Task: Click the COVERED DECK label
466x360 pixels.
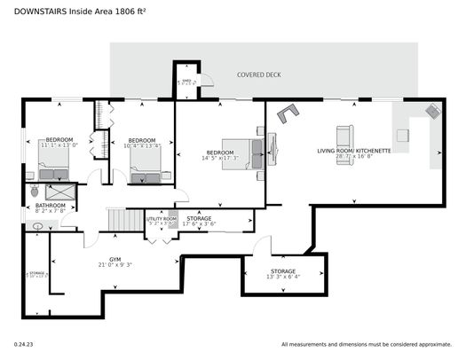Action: click(x=258, y=75)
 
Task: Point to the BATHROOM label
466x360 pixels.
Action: click(x=51, y=206)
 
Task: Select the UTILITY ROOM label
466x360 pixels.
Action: click(x=162, y=218)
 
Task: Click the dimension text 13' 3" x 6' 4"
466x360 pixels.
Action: click(x=283, y=277)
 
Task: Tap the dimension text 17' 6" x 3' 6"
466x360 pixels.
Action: click(x=199, y=224)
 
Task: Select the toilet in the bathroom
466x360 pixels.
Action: click(x=34, y=190)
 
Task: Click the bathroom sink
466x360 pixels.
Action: click(x=37, y=227)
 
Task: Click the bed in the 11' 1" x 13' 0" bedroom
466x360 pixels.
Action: click(x=54, y=162)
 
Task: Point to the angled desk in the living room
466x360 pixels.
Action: click(x=288, y=113)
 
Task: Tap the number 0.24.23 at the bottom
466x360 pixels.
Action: click(x=24, y=343)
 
